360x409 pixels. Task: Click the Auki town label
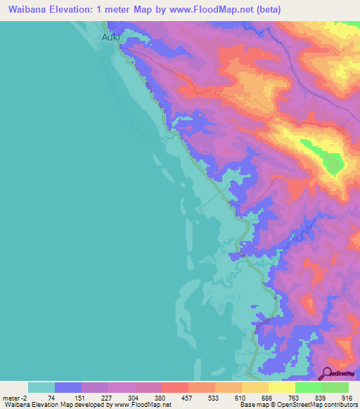point(112,38)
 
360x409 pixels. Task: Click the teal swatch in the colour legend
point(41,387)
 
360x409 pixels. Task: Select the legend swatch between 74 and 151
point(68,387)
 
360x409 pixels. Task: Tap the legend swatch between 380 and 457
point(175,387)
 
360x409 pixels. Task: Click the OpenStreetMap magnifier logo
point(327,373)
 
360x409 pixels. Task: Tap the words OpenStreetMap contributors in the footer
point(320,405)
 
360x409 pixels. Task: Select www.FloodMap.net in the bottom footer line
point(141,405)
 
